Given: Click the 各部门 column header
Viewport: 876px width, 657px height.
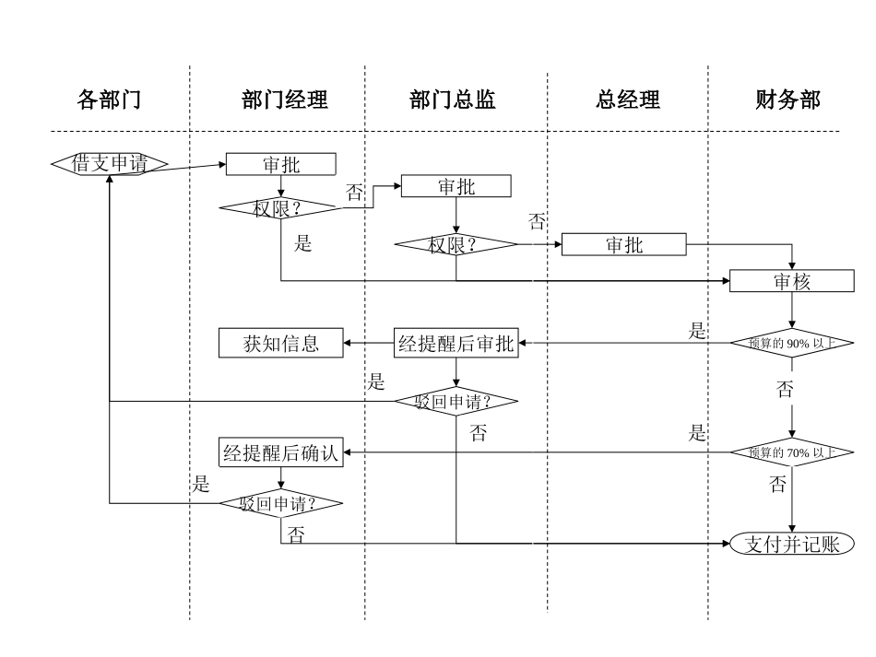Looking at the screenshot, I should coord(109,100).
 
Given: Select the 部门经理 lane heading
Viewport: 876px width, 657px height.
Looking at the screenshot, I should coord(278,100).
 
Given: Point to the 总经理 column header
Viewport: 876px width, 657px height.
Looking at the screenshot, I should coord(628,100).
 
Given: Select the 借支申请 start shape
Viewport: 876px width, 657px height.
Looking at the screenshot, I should coord(109,164).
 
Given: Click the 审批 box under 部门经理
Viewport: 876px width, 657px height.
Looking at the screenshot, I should coord(280,164).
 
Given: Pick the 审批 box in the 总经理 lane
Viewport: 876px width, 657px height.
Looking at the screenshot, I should coord(624,244).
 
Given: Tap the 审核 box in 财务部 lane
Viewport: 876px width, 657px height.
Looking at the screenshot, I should coord(791,281).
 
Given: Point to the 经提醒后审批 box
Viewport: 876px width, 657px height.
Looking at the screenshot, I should coord(456,345).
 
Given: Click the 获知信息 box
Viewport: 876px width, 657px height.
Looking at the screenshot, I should coord(280,345).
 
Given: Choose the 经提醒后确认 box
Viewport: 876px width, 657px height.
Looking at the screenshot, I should coord(280,452).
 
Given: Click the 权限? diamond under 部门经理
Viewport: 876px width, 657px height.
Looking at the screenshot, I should coord(280,208).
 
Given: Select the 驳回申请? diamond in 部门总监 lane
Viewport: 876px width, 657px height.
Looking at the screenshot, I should coord(456,402).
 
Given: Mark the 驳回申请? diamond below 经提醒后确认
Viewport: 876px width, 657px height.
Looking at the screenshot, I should coord(280,503).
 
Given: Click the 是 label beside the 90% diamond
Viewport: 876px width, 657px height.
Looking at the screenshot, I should coord(697,332).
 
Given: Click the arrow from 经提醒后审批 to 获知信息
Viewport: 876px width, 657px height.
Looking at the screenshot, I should coord(369,345).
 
